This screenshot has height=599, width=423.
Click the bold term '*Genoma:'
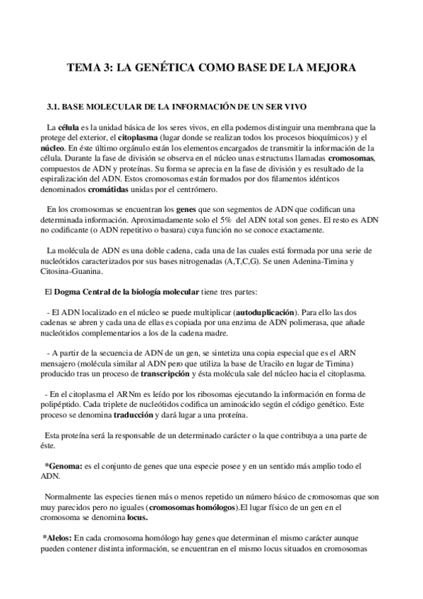pyautogui.click(x=61, y=467)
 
